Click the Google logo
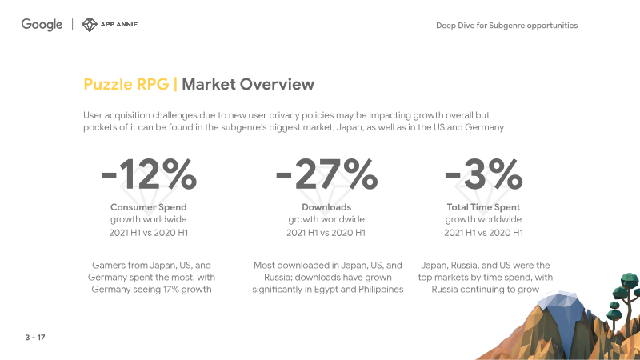tap(42, 25)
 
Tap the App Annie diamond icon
tap(90, 25)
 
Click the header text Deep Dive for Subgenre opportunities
tap(506, 26)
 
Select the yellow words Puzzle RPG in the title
tap(126, 84)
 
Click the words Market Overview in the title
tap(248, 84)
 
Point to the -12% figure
tap(149, 174)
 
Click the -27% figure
tap(326, 174)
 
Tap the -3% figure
tap(484, 174)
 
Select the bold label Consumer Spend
tap(149, 207)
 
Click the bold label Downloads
tap(326, 207)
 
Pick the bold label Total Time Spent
tap(484, 207)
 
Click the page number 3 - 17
tap(35, 338)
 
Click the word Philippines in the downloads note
tap(381, 290)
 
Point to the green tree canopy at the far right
tap(630, 282)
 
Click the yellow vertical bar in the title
tap(175, 84)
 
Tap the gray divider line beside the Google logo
tap(72, 25)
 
